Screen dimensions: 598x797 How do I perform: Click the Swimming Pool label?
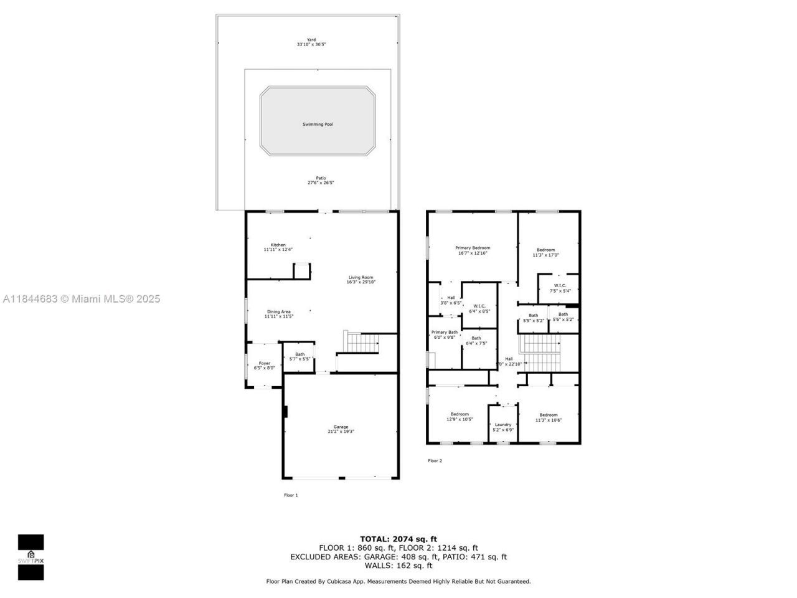318,125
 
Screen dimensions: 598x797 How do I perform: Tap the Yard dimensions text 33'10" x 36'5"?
311,45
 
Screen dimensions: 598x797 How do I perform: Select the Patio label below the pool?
320,178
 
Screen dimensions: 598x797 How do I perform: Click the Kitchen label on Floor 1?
278,245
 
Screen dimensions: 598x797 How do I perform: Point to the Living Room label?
361,277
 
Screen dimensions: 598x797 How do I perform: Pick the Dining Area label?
278,311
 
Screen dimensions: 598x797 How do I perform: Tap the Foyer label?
265,363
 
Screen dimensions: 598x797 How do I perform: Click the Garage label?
341,427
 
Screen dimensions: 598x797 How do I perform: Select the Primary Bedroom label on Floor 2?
473,248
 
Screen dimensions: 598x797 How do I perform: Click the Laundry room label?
503,425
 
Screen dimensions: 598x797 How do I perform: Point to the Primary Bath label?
445,332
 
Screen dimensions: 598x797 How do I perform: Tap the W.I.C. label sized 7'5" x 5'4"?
560,286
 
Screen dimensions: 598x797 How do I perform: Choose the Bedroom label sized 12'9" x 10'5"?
460,414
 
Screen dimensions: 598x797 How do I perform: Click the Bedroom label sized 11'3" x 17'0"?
545,250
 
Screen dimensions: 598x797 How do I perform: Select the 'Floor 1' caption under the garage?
291,495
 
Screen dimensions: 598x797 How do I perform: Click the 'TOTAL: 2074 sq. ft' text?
398,539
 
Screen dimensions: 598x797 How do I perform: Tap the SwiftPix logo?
31,557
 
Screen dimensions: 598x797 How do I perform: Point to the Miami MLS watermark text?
82,299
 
